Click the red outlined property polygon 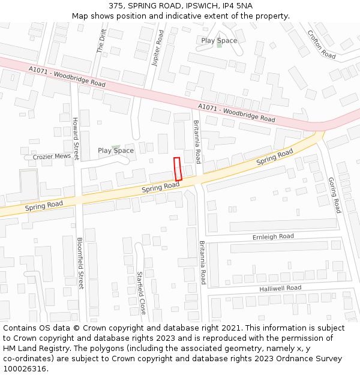click(178, 169)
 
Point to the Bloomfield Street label click(80, 263)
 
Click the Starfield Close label click(142, 293)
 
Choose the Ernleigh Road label click(273, 236)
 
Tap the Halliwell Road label click(280, 288)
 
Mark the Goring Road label click(335, 195)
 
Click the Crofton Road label click(322, 44)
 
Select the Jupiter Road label click(158, 49)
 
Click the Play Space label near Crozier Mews click(116, 151)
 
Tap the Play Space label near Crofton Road click(219, 41)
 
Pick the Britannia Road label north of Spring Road click(197, 142)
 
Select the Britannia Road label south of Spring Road click(203, 263)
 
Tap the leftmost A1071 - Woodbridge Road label click(67, 77)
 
